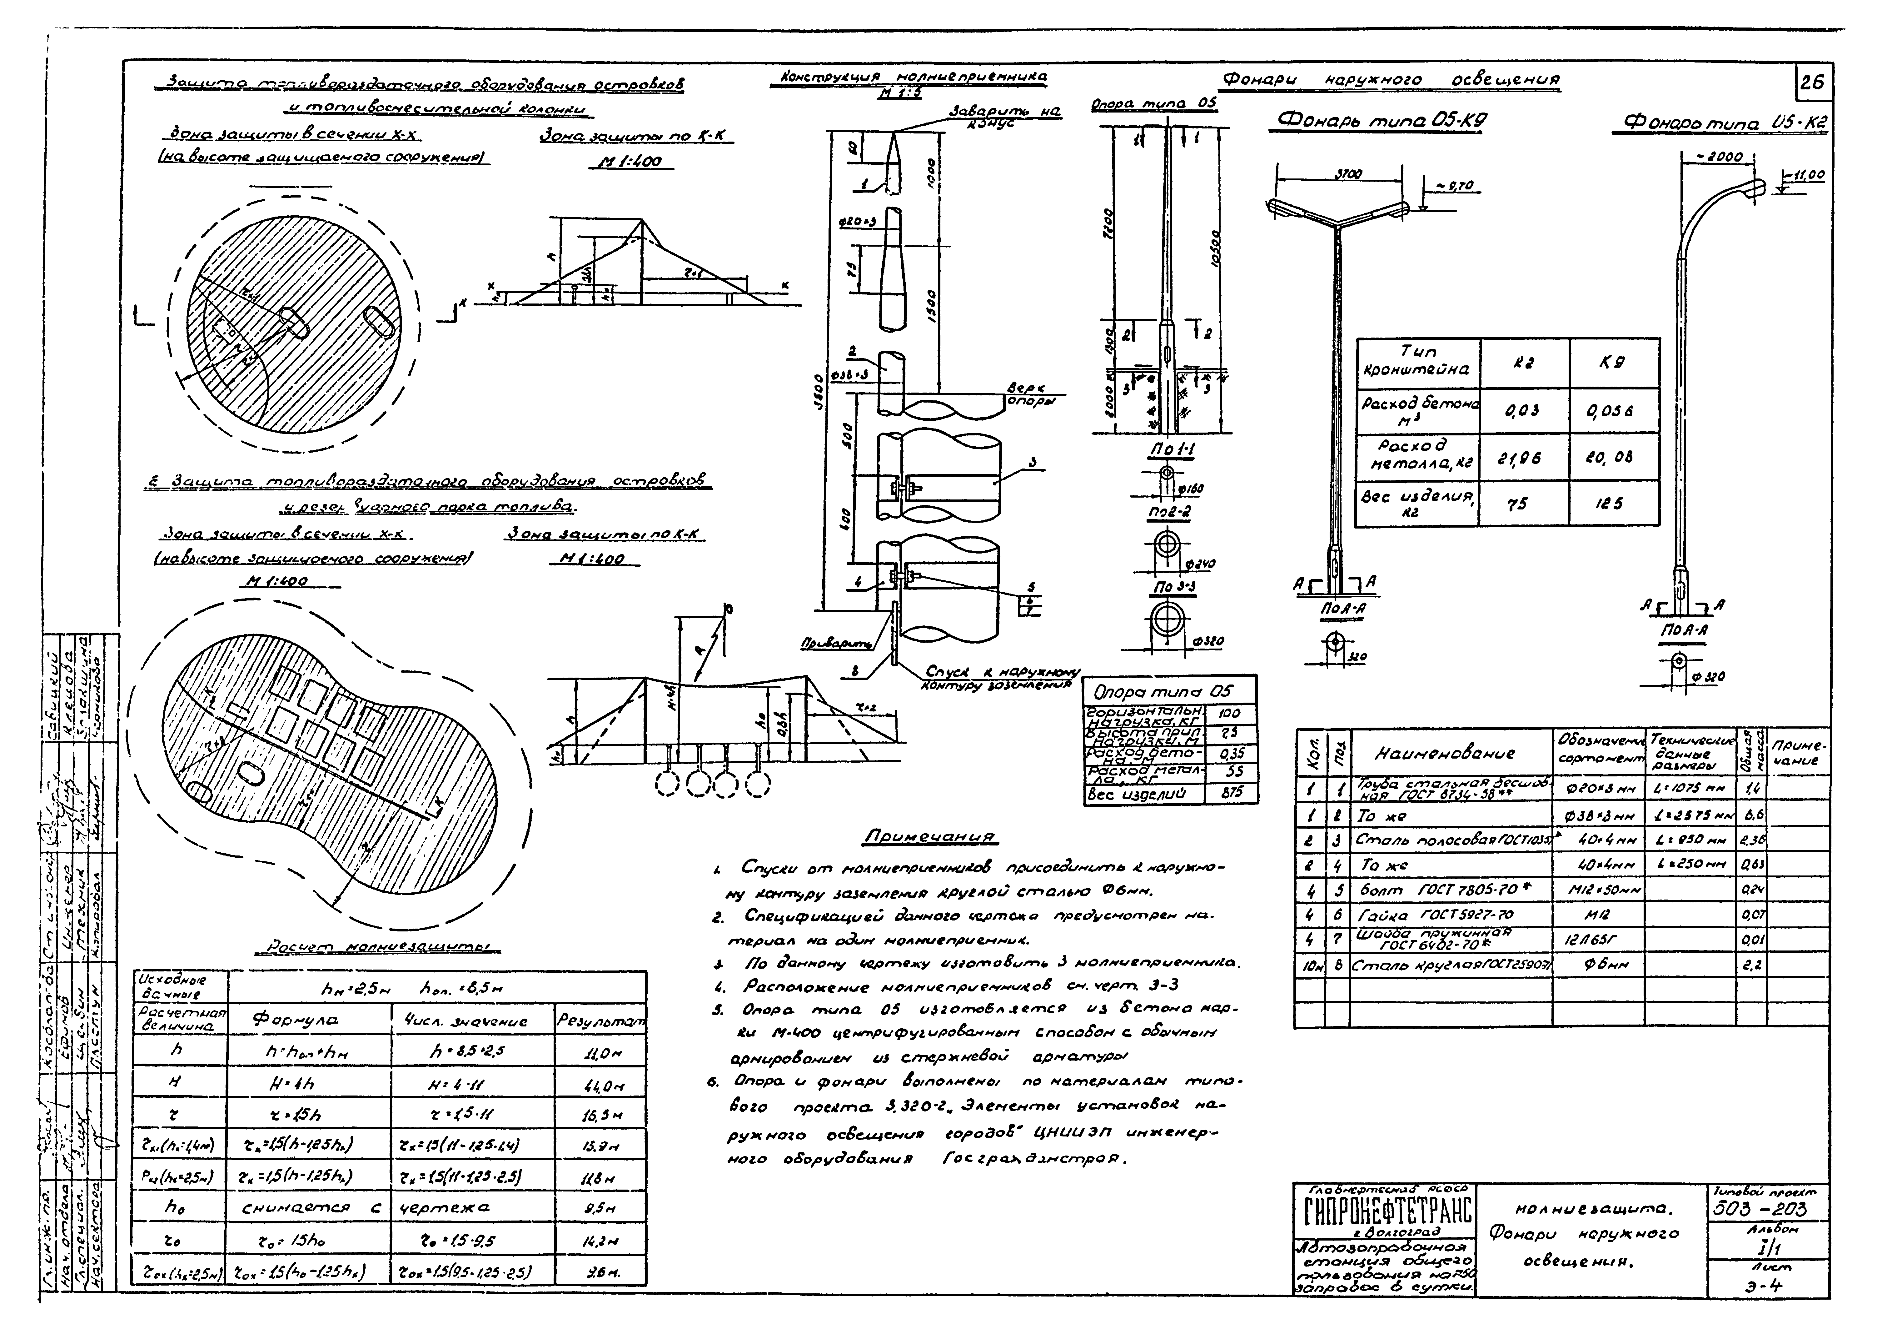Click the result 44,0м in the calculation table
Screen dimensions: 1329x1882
(598, 1084)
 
